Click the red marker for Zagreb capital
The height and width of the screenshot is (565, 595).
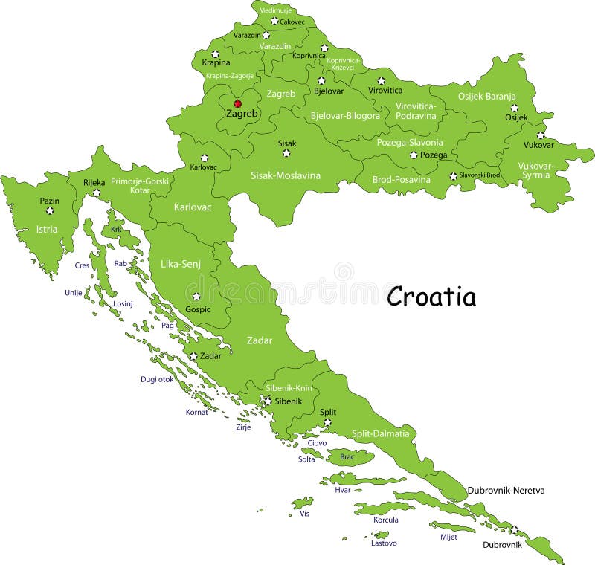click(x=238, y=104)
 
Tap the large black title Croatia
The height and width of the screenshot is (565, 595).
click(x=431, y=297)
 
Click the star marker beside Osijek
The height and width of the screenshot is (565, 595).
click(x=514, y=107)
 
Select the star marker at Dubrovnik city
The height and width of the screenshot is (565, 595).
click(x=514, y=530)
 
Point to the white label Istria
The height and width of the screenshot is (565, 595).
click(x=46, y=230)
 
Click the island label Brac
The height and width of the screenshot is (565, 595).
click(x=347, y=457)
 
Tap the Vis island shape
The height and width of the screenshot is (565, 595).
click(x=303, y=503)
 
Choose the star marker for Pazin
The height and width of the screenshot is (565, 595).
click(x=49, y=211)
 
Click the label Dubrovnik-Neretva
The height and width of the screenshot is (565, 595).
click(x=506, y=491)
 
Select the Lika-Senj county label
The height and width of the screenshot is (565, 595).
click(x=180, y=264)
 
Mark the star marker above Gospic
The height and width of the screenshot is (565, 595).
click(x=196, y=296)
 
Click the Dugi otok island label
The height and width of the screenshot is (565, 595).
click(x=157, y=379)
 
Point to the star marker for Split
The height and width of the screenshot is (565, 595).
click(x=327, y=422)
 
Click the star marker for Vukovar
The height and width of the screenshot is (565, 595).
click(x=540, y=135)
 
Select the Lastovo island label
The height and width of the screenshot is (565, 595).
click(x=384, y=543)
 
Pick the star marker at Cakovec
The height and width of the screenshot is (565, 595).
click(x=274, y=22)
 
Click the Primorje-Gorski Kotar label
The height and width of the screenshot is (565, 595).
click(x=140, y=185)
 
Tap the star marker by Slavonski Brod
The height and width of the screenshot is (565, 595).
click(x=453, y=176)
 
